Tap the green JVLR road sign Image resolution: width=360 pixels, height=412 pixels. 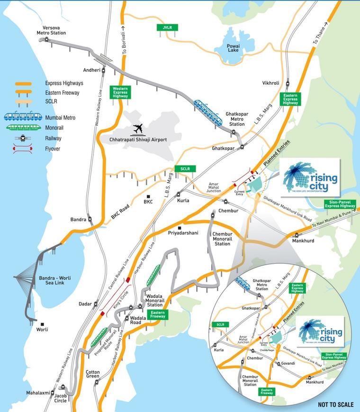[x=167, y=27]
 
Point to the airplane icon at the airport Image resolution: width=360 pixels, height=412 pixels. [x=138, y=128]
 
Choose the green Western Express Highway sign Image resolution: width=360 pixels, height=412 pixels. [x=120, y=92]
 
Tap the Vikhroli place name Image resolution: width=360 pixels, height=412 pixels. [x=271, y=83]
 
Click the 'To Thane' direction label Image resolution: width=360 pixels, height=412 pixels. [x=320, y=33]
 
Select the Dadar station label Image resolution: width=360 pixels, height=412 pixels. [x=85, y=304]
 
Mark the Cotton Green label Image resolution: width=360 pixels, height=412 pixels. [x=93, y=374]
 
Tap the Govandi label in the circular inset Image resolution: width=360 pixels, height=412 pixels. [x=288, y=363]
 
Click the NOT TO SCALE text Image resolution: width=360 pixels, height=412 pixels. [x=335, y=404]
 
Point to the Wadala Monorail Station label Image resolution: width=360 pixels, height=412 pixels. [x=156, y=302]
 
